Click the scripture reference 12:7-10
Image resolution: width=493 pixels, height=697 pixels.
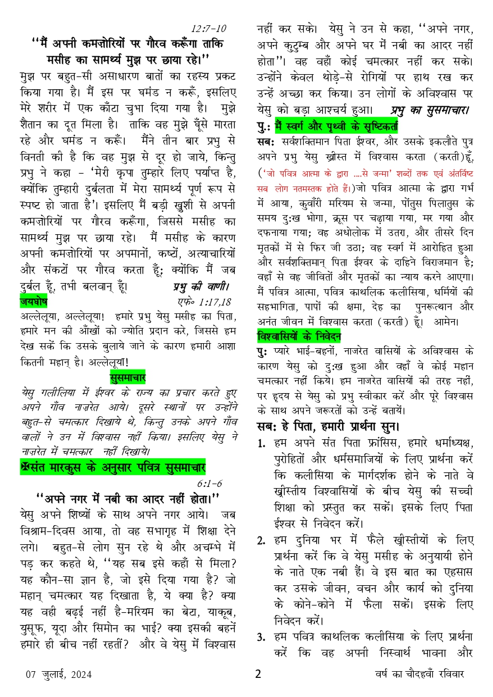[x=208, y=28]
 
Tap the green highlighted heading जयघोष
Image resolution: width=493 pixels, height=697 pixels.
[x=33, y=302]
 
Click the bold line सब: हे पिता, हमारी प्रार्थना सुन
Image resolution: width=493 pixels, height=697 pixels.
[x=328, y=425]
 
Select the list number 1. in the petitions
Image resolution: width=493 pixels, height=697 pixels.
[x=262, y=444]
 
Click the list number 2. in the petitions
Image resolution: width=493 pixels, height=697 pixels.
[x=262, y=541]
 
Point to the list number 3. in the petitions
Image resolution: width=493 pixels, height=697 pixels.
[x=262, y=637]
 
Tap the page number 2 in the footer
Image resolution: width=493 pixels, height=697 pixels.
[x=258, y=674]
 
